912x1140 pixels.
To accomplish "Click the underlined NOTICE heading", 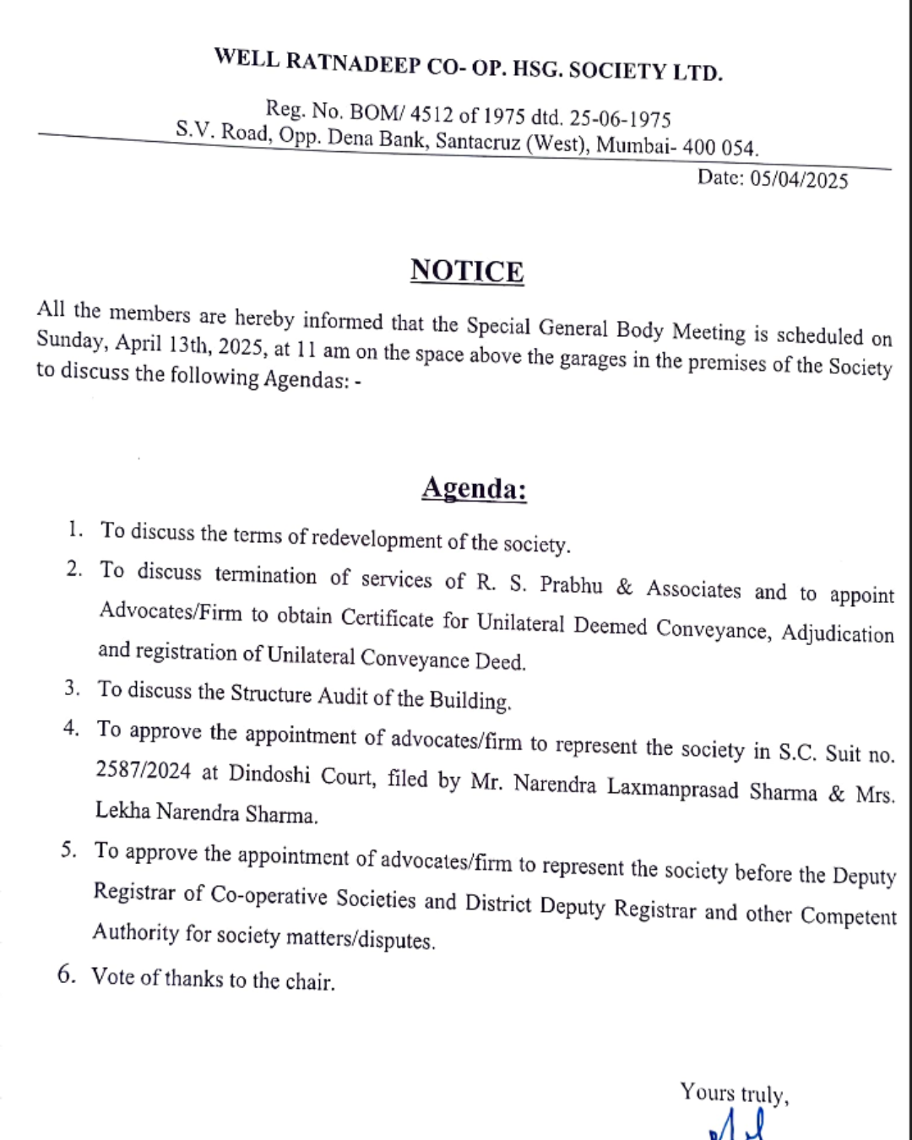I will (x=467, y=271).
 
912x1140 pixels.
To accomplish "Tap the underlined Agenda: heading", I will (x=474, y=489).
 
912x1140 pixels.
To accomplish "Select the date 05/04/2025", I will (x=798, y=179).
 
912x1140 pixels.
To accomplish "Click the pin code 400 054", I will (x=719, y=147).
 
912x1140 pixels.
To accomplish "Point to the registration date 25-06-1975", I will (x=620, y=117).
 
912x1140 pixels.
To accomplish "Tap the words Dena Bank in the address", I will (x=377, y=138).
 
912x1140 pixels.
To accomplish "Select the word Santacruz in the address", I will (x=478, y=141).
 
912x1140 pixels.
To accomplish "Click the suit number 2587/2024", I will (x=143, y=770).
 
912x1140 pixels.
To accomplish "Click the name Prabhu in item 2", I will (x=571, y=585).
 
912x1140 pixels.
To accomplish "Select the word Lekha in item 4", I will (x=122, y=810).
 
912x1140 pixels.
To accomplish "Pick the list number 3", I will (x=73, y=687).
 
